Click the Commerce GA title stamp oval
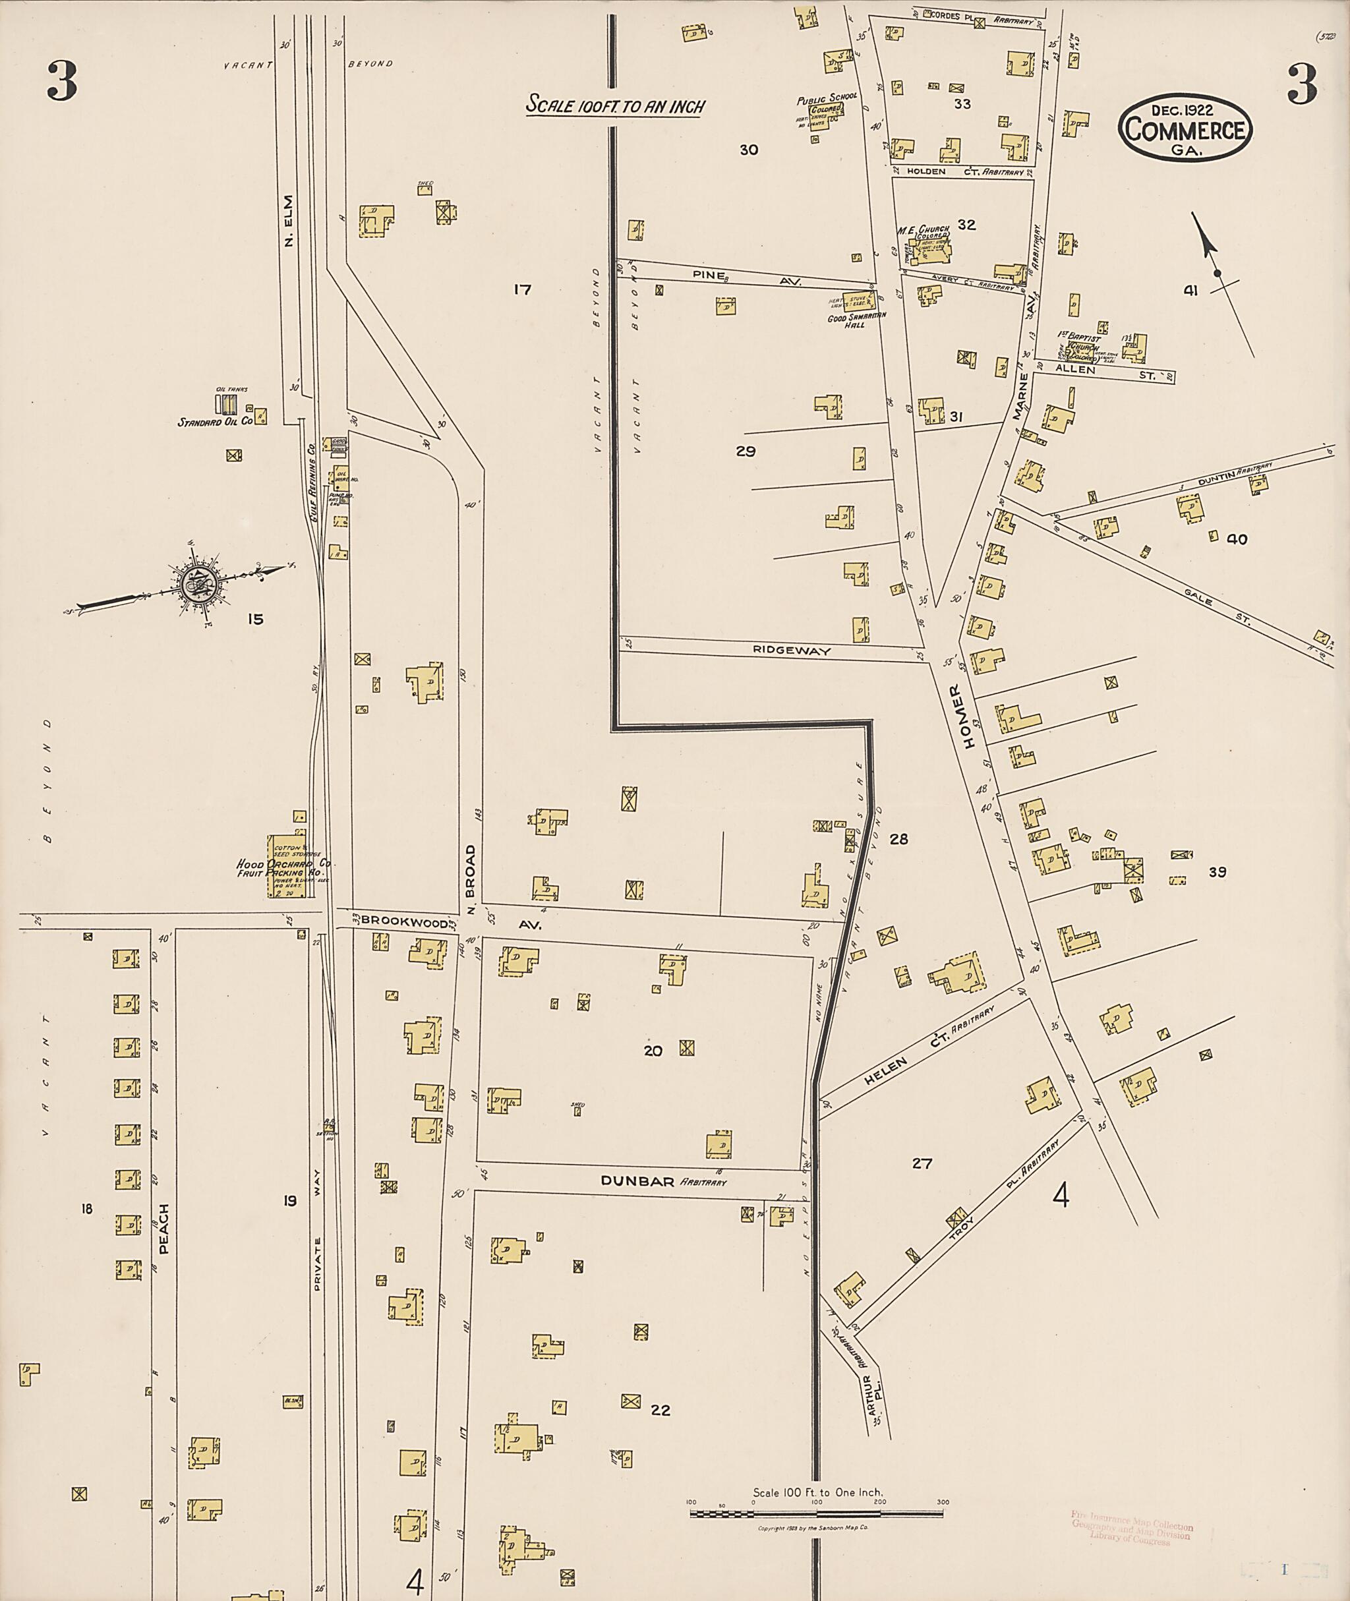(1185, 128)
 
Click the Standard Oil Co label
(215, 422)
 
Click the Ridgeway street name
(791, 651)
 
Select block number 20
(652, 1051)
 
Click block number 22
(660, 1410)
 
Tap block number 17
(522, 289)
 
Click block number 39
(1217, 871)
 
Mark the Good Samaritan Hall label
(856, 320)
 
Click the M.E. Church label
(924, 229)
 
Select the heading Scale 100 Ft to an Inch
(614, 105)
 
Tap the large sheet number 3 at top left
(62, 82)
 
